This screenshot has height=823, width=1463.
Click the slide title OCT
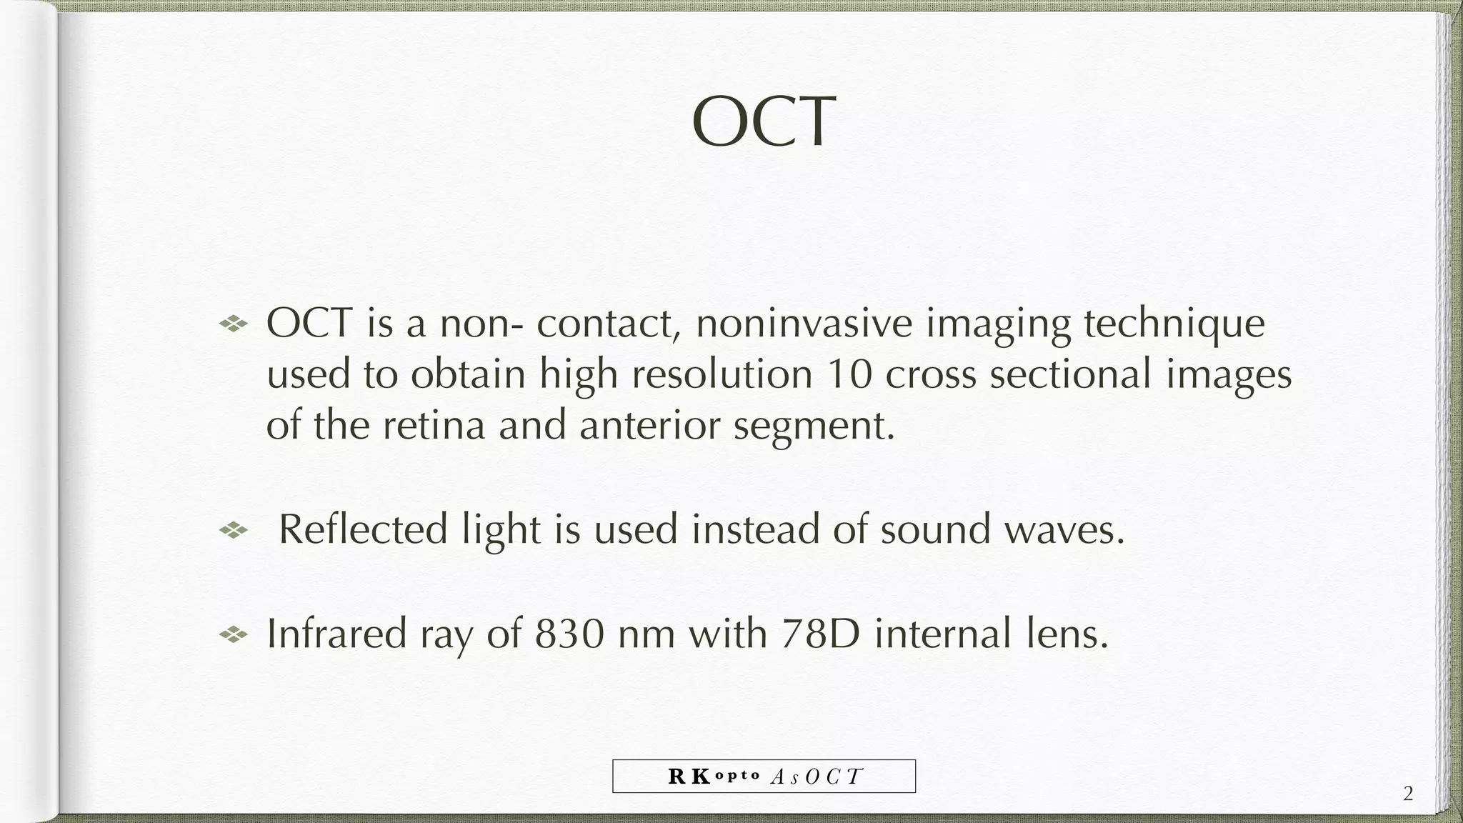(763, 122)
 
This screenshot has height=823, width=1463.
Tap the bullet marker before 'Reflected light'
(233, 530)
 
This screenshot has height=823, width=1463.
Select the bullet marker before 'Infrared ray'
(233, 634)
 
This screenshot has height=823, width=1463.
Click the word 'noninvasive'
(804, 323)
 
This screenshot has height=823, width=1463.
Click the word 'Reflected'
(363, 530)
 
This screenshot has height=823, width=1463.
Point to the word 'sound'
(935, 530)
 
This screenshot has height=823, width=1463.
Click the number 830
(569, 634)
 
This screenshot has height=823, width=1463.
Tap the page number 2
(1408, 794)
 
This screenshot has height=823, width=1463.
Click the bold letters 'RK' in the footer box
(689, 777)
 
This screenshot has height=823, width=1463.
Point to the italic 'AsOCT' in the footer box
(817, 777)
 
